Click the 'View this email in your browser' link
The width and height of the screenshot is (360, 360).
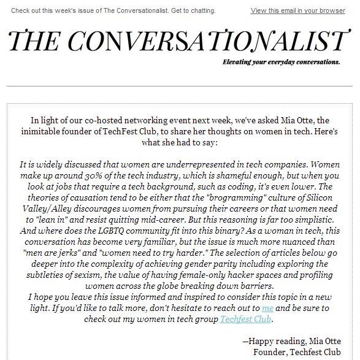[298, 10]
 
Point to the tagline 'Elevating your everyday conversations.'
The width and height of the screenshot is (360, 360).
[281, 62]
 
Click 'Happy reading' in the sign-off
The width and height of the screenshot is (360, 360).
[275, 342]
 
